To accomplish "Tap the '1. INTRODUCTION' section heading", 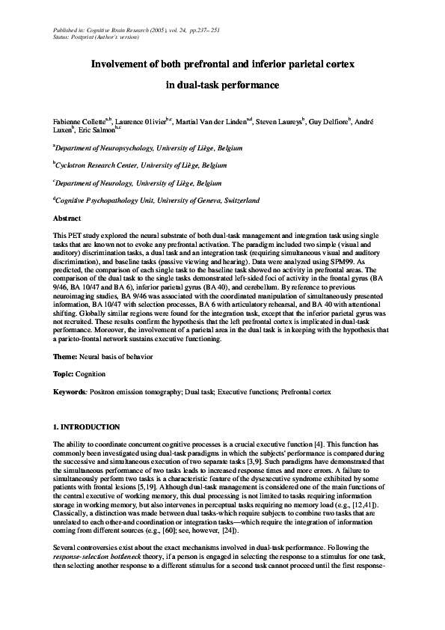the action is (x=87, y=427).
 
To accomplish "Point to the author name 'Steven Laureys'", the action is (x=278, y=121).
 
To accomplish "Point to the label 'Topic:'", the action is (x=64, y=373).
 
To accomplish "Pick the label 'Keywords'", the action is (x=70, y=392).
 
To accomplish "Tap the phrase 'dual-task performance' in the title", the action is (x=221, y=85).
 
